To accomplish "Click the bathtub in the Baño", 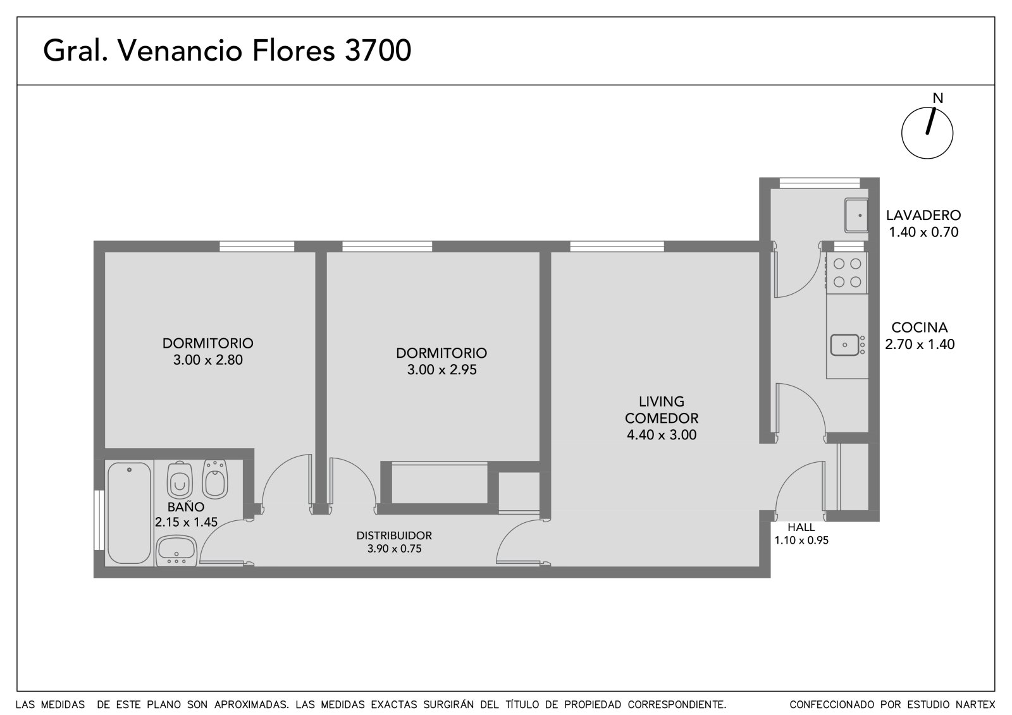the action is pos(129,512).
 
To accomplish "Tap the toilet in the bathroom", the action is pos(180,480).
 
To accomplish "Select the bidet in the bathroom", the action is pos(215,479).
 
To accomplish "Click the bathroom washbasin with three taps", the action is pos(176,551).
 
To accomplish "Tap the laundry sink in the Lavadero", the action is pos(856,216).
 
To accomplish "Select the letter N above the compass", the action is pos(938,98).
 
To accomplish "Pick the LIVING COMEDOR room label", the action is pos(662,410).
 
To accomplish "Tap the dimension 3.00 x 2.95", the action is pos(441,370).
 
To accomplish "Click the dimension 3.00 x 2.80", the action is pos(208,360).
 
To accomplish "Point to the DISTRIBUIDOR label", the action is pos(394,535).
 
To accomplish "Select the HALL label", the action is pos(801,527).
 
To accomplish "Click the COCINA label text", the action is pos(920,327).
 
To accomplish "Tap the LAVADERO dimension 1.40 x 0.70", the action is pos(923,232).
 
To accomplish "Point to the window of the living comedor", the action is pos(617,246).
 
